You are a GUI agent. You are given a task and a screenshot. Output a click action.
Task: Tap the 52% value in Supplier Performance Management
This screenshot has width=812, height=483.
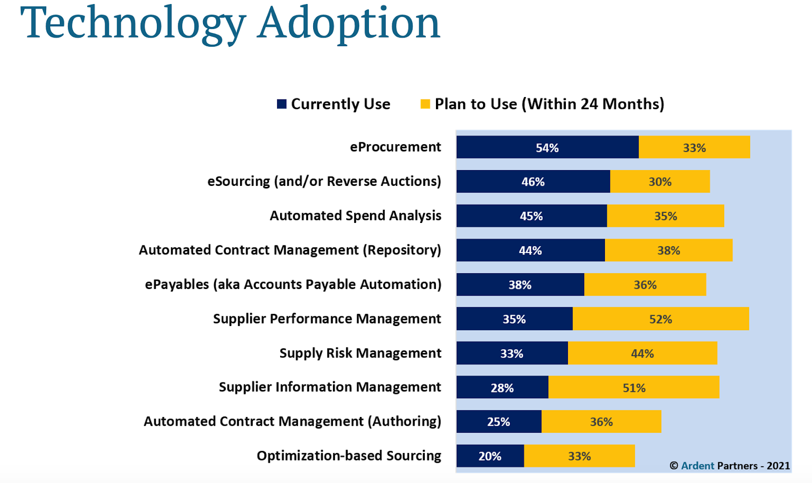click(660, 319)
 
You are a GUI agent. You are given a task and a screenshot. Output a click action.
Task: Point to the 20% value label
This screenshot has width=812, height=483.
click(490, 456)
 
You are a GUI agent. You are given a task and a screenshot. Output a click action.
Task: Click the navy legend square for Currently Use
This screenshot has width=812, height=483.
click(282, 104)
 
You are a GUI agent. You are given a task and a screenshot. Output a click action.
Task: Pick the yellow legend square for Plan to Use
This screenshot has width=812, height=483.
click(425, 104)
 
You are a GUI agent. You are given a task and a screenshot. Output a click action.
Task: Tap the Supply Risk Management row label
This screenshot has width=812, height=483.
click(360, 353)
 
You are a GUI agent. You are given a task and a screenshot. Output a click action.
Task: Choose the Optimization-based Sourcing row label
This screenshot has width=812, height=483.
click(349, 456)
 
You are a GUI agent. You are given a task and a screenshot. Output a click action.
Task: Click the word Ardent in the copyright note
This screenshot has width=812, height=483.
click(697, 466)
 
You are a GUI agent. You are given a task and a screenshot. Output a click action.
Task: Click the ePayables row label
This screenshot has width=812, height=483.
click(293, 284)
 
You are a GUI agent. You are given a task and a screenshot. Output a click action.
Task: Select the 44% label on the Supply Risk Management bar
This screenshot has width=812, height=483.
click(642, 353)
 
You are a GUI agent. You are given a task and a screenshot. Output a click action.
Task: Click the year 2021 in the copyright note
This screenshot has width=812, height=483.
click(778, 466)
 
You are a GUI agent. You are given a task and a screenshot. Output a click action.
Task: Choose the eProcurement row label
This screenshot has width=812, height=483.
click(395, 147)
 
